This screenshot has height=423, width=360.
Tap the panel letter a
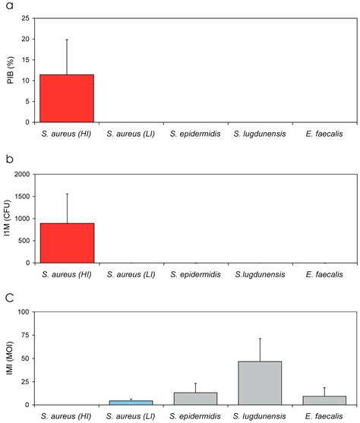click(6, 6)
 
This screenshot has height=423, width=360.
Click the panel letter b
click(6, 160)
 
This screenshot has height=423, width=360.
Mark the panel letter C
click(7, 299)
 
